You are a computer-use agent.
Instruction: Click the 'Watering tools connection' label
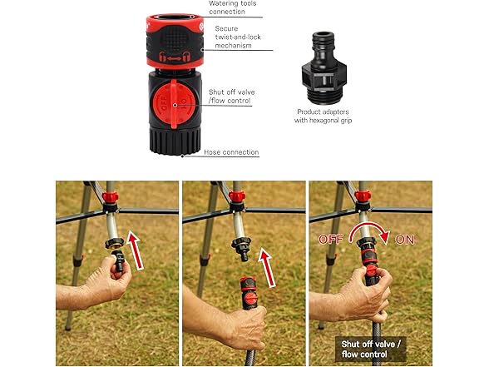232,7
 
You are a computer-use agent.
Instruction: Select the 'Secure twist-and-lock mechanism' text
238,37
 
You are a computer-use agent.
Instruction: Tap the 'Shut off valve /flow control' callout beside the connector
231,97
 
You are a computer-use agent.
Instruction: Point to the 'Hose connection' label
231,152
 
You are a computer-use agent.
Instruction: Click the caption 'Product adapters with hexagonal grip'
323,116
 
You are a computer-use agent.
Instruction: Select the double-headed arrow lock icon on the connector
175,57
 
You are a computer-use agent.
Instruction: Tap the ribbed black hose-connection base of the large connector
175,141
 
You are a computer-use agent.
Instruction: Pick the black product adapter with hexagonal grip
324,68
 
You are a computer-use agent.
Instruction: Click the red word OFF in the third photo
331,240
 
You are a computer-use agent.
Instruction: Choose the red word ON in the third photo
405,240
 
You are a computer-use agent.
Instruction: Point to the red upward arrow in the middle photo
267,267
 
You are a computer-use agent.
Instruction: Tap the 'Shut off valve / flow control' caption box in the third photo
371,349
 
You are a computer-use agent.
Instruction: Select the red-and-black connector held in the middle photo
249,292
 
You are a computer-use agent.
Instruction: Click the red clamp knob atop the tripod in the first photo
110,197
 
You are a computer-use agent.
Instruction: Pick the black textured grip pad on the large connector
175,40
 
